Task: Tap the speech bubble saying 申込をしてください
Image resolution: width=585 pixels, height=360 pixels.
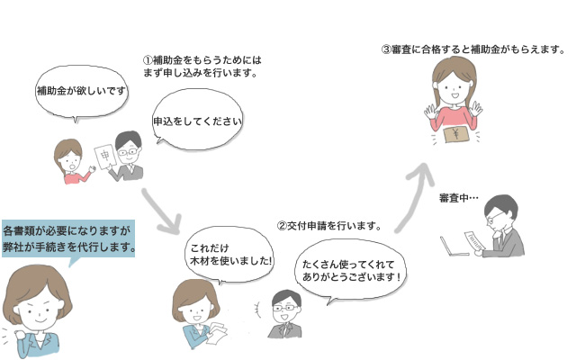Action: (199, 119)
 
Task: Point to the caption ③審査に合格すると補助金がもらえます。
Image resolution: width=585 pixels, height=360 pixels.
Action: (472, 49)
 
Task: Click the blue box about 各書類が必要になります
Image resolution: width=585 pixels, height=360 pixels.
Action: (68, 238)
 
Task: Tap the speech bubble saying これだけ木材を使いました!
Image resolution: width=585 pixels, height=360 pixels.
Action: (229, 254)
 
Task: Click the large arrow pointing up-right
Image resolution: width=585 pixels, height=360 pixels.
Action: (413, 180)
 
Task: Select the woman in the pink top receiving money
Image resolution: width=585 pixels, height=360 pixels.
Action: (454, 99)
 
